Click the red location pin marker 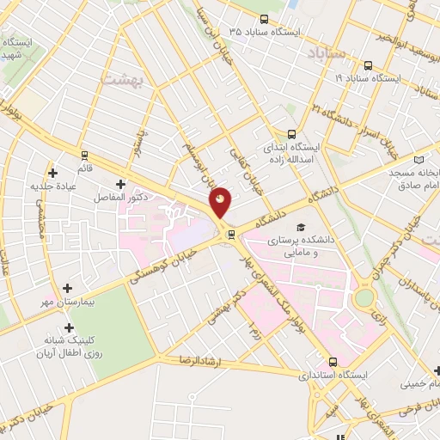221,202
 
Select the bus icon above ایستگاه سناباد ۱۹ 369,64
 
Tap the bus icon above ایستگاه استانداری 333,363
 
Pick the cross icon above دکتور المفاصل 120,183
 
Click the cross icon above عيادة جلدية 53,172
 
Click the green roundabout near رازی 364,298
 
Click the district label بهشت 119,80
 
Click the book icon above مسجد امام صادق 419,160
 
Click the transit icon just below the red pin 230,234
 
